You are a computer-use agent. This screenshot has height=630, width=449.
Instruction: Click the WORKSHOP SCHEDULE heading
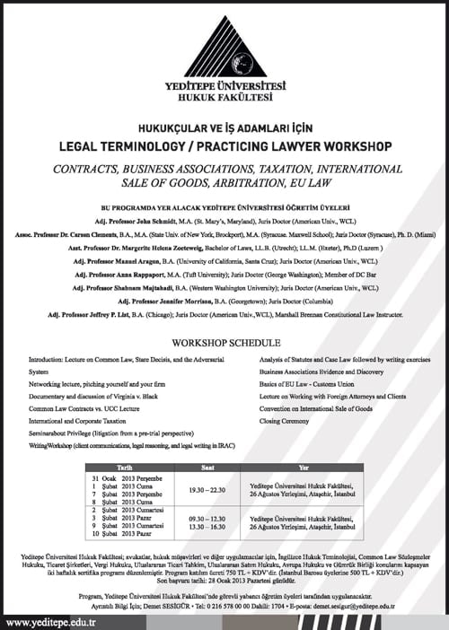pos(224,343)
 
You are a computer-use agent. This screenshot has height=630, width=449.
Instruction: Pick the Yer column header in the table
pos(303,468)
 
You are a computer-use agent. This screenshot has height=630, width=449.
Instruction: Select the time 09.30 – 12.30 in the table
pos(216,518)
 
